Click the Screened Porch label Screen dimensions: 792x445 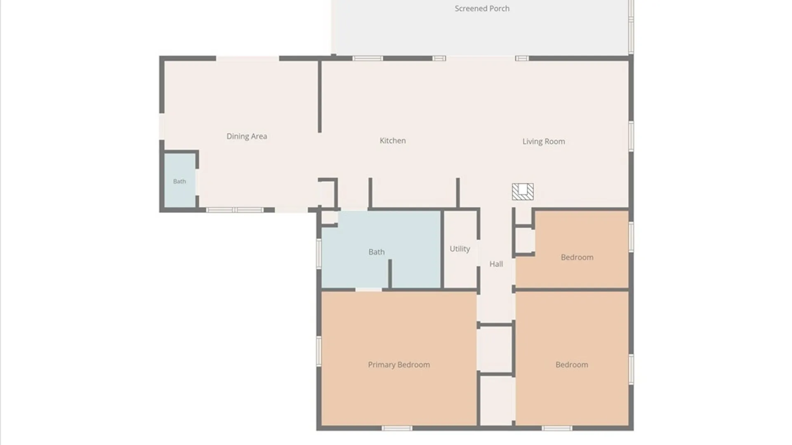click(482, 9)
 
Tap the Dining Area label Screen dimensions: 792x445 click(247, 136)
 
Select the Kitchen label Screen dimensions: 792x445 click(393, 141)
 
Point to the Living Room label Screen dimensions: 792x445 click(544, 141)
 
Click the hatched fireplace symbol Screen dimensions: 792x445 click(523, 192)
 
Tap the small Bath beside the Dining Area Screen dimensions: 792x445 click(179, 181)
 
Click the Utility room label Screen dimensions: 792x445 click(460, 249)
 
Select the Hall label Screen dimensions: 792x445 click(496, 264)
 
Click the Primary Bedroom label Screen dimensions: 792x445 click(399, 365)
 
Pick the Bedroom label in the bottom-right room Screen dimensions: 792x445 click(572, 365)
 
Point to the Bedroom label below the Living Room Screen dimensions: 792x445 click(577, 257)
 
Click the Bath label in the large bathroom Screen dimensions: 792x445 click(377, 252)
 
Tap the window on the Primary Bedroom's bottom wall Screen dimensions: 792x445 click(397, 428)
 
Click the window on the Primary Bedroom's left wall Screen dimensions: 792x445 click(319, 351)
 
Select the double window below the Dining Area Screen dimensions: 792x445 click(235, 210)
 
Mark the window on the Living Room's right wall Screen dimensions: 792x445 click(631, 136)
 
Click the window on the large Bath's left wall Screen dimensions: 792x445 click(319, 253)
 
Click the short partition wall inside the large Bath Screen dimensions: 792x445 click(390, 274)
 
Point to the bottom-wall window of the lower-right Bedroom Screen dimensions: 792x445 click(557, 428)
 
